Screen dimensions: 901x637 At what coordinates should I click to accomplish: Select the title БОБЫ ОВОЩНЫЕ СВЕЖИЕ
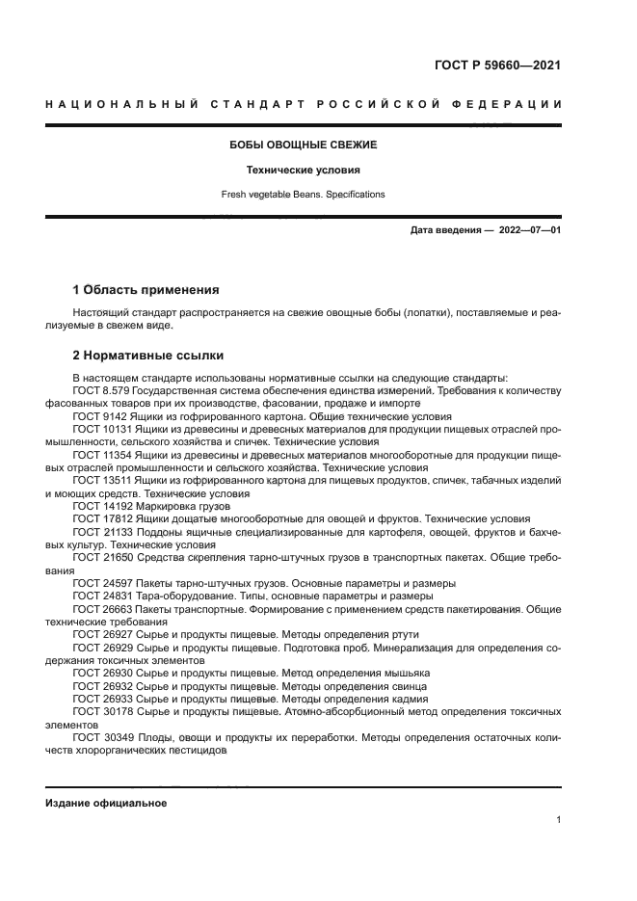303,145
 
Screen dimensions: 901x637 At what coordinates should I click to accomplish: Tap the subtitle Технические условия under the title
303,170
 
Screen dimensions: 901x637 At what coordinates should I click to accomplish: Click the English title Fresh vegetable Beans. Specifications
303,194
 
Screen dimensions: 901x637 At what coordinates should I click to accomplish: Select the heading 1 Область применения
146,289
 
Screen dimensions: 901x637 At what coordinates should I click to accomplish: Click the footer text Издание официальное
106,803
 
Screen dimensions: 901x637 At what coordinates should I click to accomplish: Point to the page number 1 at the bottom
558,819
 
